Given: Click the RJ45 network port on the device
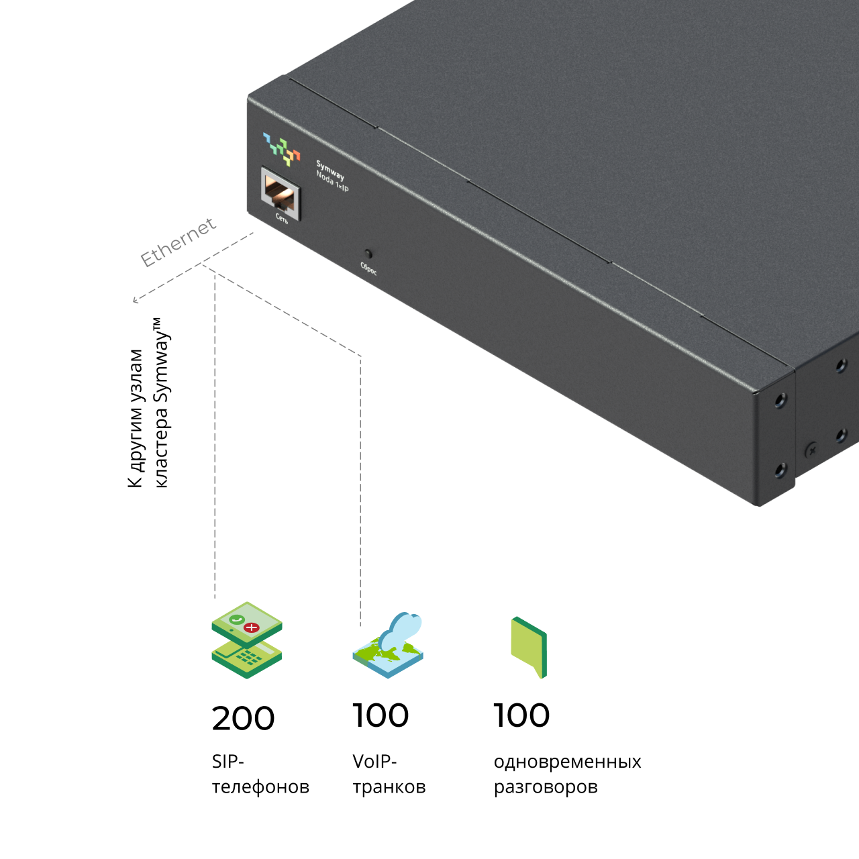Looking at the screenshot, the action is coord(281,193).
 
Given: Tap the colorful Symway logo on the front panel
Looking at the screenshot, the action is coord(282,149).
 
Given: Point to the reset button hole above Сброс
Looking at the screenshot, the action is coord(368,254).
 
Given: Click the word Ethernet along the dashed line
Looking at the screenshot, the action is coord(179,242).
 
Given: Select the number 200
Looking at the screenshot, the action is coord(243,719).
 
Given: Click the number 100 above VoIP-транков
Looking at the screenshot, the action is coord(381,715).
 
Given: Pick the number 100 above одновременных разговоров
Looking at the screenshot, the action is coord(521,715).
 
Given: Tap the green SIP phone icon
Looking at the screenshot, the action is coord(246,640).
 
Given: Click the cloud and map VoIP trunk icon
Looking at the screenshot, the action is coord(388,645).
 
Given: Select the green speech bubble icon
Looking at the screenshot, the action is coord(529,647).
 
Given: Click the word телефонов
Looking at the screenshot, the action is coord(260,787).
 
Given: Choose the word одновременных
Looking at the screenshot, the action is coord(567,762).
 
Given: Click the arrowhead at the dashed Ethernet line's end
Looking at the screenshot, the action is coord(134,301).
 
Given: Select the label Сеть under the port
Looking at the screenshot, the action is coord(282,218).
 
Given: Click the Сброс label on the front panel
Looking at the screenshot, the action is coord(368,268).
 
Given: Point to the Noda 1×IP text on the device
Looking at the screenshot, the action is coord(333,181).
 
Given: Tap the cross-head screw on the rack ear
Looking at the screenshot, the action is coord(812,451).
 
